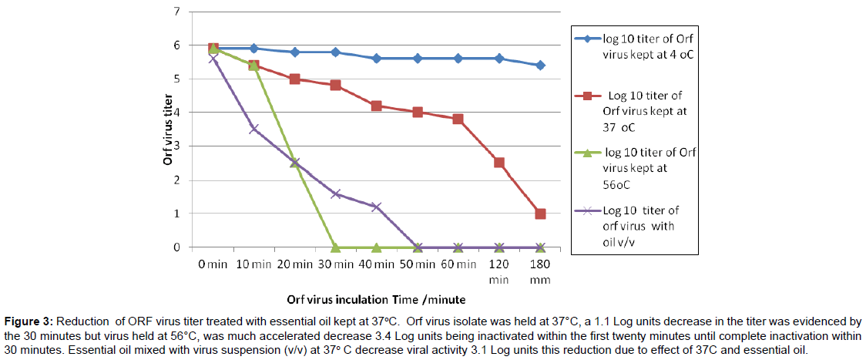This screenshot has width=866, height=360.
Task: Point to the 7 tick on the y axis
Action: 177,12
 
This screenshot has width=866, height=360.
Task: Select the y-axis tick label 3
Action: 177,146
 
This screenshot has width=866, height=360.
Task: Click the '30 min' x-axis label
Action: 336,264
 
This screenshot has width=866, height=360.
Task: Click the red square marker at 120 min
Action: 499,163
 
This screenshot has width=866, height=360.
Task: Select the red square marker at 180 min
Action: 540,214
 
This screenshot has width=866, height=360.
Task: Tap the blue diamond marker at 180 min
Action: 540,66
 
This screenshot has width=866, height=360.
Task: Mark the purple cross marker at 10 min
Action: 254,130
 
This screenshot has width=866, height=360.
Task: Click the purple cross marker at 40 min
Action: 377,207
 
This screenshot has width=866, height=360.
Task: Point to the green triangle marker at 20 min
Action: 295,162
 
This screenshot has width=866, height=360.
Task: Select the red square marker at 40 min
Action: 377,106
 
